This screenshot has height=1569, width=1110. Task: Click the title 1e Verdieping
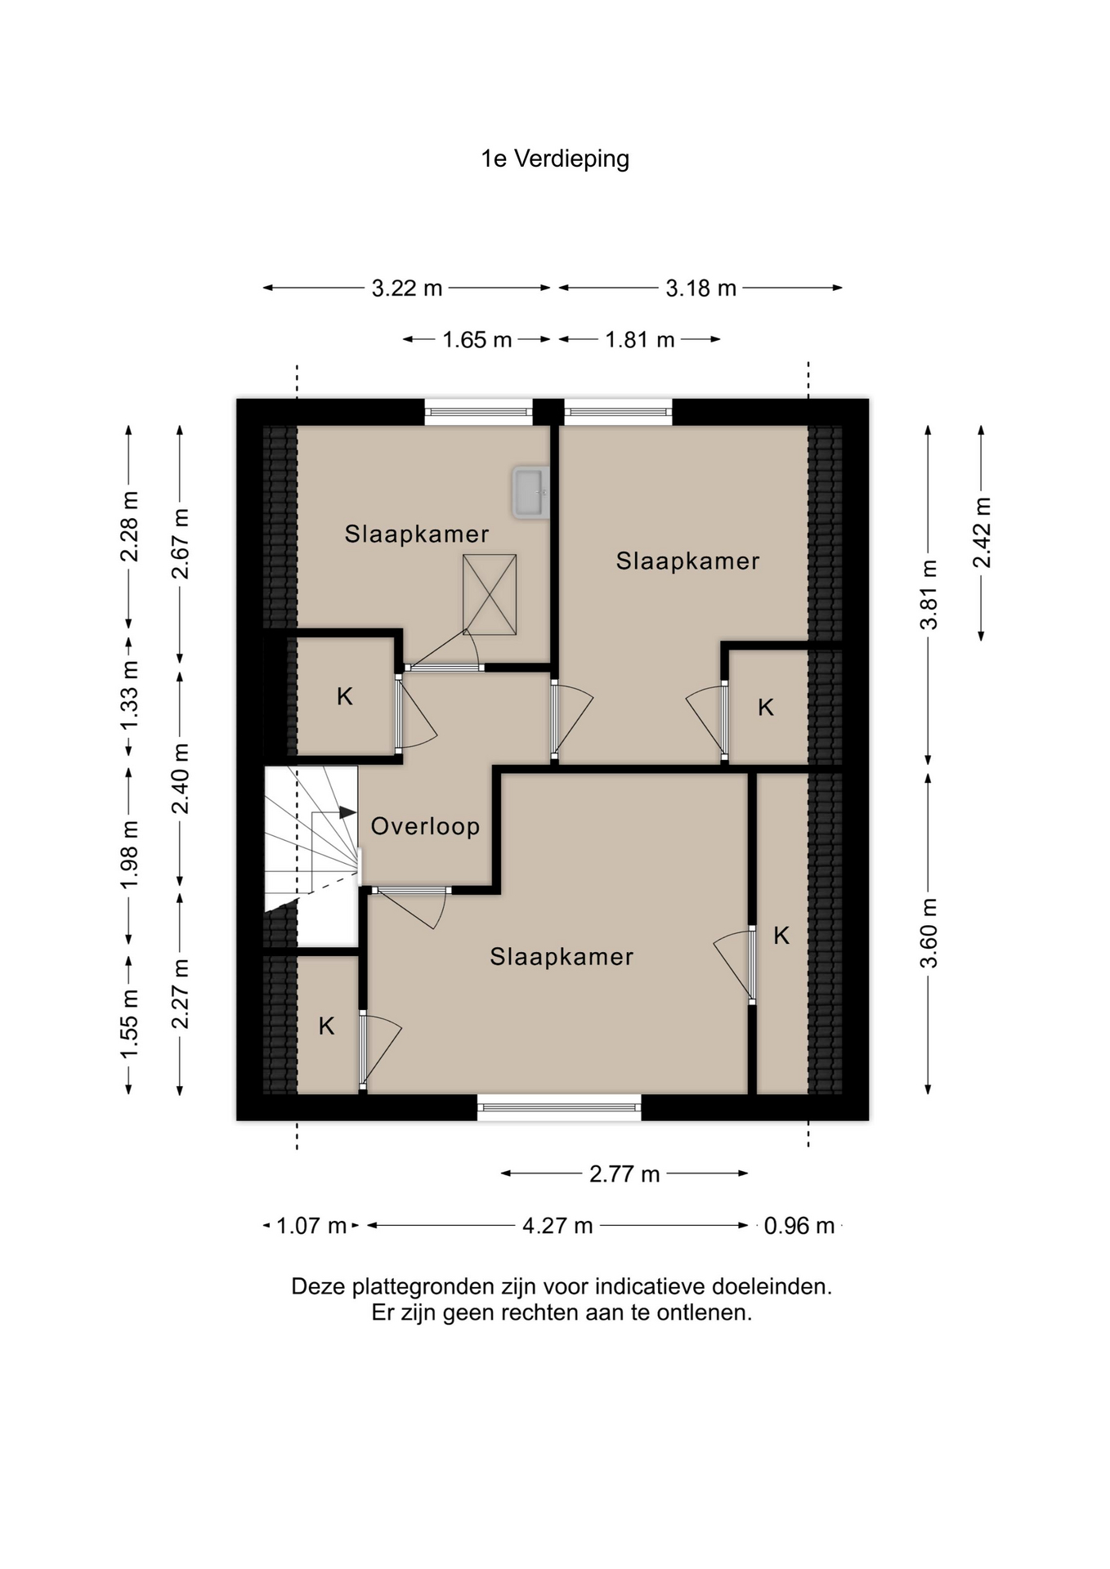pos(555,159)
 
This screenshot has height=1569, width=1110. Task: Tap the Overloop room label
pos(425,826)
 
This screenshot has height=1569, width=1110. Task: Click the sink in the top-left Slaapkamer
pos(530,493)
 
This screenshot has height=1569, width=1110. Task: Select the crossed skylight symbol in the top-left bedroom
pos(490,594)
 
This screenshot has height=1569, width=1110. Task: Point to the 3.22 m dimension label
pos(406,288)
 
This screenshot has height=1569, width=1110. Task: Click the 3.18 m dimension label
pos(700,288)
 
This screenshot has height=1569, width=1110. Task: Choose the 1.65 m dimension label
pos(477,340)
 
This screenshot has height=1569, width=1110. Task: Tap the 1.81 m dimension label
pos(639,340)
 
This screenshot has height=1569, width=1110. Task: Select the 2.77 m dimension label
pos(624,1174)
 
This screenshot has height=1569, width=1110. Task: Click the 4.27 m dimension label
pos(557,1226)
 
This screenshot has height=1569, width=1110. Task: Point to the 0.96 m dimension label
pos(799,1226)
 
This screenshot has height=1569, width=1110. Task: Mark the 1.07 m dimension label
pos(311,1226)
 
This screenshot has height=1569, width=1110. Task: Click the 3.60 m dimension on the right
pos(929,932)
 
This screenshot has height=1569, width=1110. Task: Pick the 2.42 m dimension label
pos(981,532)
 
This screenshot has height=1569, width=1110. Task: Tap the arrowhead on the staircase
pos(348,812)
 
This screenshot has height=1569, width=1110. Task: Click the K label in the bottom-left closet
pos(326,1026)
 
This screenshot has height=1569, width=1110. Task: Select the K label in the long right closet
pos(781,936)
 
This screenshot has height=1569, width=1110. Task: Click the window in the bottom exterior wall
pos(559,1107)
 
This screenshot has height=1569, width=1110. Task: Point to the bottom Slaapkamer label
pos(562,957)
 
